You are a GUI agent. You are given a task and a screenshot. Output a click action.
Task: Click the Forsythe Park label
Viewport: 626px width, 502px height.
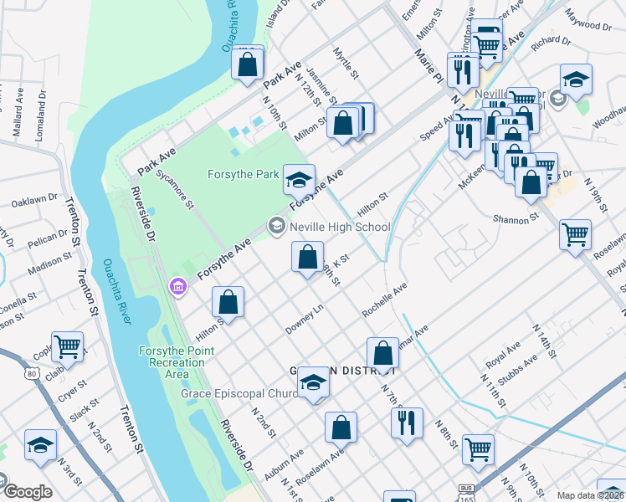(x=243, y=175)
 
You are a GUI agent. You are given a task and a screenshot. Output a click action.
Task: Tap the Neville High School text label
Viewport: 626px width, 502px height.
(x=339, y=227)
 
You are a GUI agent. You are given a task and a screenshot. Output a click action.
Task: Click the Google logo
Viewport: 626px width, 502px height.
(x=26, y=492)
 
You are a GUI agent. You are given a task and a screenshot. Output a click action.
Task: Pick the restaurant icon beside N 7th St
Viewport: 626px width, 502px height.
(x=407, y=423)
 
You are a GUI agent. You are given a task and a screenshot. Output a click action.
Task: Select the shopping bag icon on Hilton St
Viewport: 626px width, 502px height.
(x=228, y=303)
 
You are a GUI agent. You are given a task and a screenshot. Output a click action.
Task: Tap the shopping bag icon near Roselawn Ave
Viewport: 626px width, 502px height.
(x=341, y=428)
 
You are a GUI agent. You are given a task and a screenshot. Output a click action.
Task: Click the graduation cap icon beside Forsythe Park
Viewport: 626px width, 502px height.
(x=299, y=179)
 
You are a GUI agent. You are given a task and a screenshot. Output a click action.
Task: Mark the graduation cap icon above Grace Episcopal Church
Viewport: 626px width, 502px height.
(x=314, y=382)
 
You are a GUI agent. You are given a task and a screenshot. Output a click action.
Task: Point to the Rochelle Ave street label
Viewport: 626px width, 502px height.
(x=384, y=300)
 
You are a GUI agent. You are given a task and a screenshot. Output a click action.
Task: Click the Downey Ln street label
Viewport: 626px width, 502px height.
(x=305, y=316)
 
